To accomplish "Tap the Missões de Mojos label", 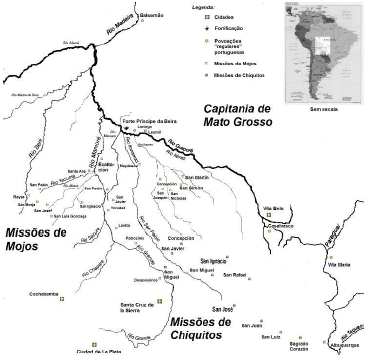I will [x=37, y=239].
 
